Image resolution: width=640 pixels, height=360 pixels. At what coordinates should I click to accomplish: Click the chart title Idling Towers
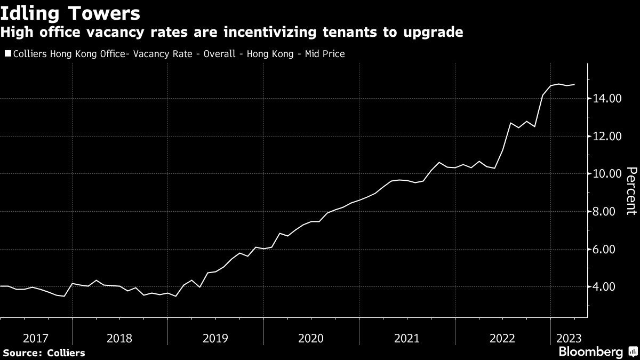[x=70, y=12]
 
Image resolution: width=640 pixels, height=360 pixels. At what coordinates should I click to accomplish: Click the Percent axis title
[x=631, y=190]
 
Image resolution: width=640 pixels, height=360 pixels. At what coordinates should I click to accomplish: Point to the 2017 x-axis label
[x=35, y=338]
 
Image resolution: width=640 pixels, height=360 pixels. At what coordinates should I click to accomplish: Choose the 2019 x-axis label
[x=215, y=338]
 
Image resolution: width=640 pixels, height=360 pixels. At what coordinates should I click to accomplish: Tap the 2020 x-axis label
[x=311, y=338]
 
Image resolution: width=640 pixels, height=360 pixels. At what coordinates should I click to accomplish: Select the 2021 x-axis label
[x=406, y=338]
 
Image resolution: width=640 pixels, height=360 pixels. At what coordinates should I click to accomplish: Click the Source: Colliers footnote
[x=44, y=353]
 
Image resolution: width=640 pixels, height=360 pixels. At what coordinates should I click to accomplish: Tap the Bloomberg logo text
[x=590, y=352]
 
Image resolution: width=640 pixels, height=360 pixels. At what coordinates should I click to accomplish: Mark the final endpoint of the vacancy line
[x=574, y=84]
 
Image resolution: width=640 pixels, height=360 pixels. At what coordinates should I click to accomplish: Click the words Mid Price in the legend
[x=325, y=54]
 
